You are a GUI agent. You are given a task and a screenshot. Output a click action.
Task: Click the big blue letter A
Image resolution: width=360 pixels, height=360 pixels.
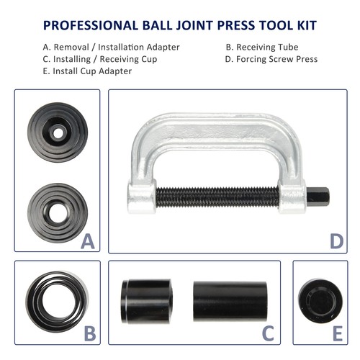point(88,242)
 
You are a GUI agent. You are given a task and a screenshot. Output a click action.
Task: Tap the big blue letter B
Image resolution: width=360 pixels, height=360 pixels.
point(89,333)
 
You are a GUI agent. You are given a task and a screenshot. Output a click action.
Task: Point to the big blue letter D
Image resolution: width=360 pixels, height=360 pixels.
point(336,241)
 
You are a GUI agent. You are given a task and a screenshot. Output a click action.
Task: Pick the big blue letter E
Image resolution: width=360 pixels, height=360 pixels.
point(336,333)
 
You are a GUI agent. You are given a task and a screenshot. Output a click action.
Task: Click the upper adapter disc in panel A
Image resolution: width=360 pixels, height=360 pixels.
point(58,132)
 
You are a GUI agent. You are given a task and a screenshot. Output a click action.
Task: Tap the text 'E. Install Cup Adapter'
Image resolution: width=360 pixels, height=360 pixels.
point(87,71)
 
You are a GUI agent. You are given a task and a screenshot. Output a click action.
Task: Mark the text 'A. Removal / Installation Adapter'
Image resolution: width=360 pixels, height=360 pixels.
point(110,48)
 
